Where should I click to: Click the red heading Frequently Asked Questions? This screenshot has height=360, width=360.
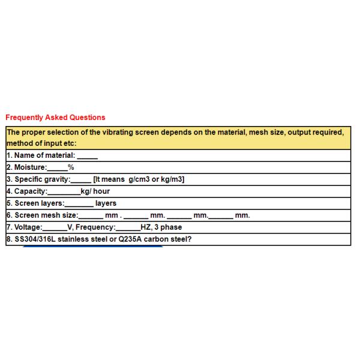click(x=55, y=118)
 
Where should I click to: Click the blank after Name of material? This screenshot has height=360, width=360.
click(x=87, y=156)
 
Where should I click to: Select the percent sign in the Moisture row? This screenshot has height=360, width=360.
click(x=71, y=167)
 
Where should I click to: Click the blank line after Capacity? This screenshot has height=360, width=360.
click(x=64, y=192)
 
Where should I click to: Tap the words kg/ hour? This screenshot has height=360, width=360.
click(x=95, y=191)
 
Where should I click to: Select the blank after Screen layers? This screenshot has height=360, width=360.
click(x=79, y=204)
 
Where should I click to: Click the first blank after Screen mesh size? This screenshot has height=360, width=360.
click(x=91, y=216)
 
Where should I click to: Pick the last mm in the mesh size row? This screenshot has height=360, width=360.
click(x=242, y=215)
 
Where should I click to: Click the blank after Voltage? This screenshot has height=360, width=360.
click(x=55, y=228)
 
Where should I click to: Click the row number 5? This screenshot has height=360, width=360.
click(x=9, y=203)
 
